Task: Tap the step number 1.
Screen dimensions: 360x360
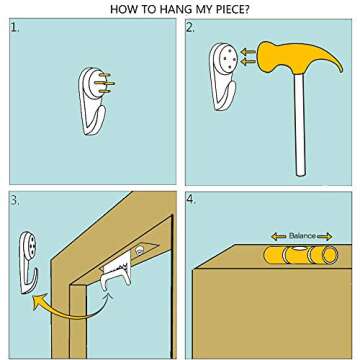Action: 15,28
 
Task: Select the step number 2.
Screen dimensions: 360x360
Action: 191,28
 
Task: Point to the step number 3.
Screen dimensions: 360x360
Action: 15,201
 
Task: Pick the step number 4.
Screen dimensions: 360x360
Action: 191,201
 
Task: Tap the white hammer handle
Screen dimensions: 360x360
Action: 300,125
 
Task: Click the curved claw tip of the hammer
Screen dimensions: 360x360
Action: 341,70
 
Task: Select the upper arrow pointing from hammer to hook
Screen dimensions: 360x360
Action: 248,52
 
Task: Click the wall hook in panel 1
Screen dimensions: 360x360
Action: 93,101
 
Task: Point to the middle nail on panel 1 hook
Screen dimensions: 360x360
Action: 104,83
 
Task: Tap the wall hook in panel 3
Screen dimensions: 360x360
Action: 27,262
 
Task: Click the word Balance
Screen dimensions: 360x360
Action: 302,236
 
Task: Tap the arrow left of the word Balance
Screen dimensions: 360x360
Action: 279,236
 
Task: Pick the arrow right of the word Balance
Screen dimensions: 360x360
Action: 325,236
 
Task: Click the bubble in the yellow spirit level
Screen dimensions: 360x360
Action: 299,248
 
